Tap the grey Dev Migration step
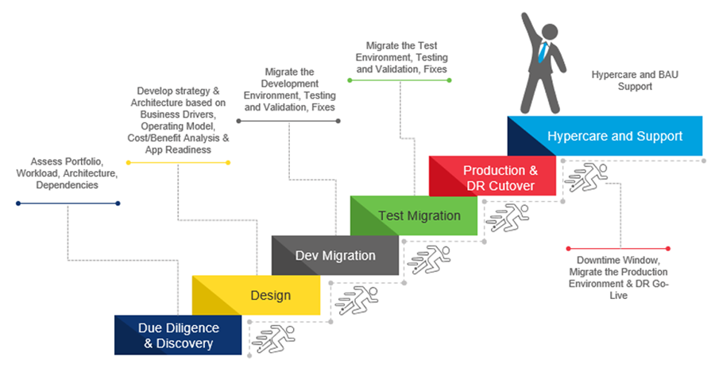point(335,255)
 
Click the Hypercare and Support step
point(614,136)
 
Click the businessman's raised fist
point(525,17)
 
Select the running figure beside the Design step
point(350,298)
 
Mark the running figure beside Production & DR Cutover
point(586,177)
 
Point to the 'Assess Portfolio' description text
point(67,173)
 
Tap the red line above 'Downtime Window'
point(619,249)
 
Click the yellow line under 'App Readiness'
point(178,162)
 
